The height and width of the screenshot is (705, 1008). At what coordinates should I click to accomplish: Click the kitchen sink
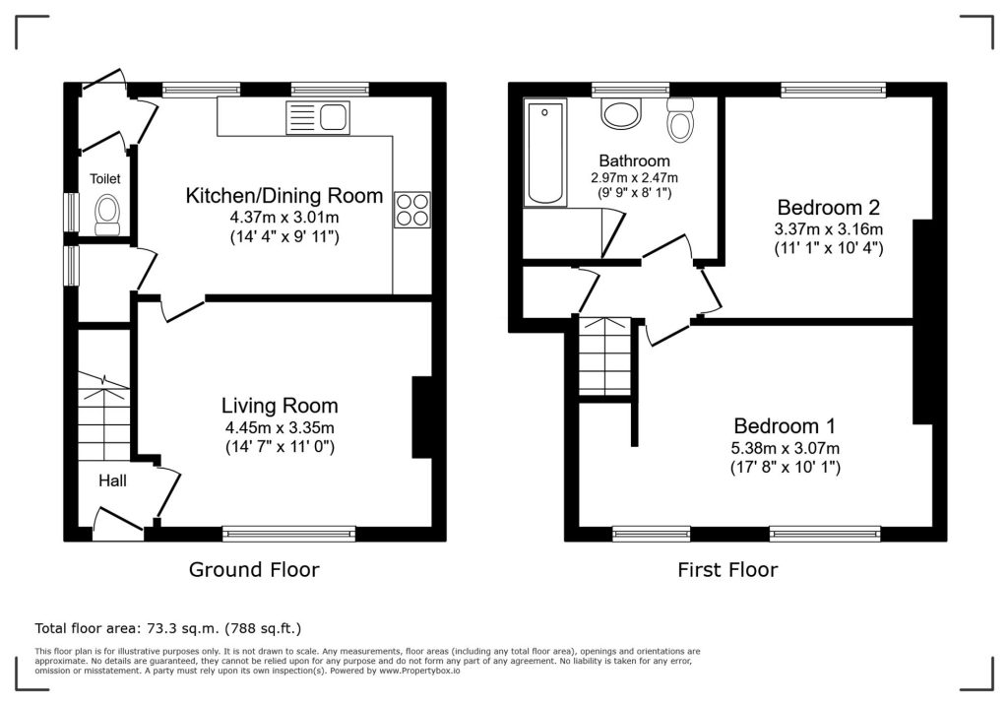(318, 118)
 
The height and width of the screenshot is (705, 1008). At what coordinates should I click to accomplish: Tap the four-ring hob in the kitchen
(412, 210)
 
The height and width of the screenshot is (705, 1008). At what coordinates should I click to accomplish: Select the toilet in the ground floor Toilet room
(107, 215)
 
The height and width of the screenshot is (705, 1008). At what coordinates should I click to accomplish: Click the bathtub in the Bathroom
(545, 153)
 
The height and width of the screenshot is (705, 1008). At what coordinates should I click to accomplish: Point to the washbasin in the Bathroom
(622, 113)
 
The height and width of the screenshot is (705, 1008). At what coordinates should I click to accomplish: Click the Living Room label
(280, 406)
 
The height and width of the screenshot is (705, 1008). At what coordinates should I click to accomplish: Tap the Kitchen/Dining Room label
(284, 196)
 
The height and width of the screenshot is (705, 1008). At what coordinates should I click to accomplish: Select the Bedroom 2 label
(829, 207)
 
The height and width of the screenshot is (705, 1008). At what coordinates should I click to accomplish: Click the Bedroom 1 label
(785, 425)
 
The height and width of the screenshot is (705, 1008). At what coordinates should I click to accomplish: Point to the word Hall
(112, 481)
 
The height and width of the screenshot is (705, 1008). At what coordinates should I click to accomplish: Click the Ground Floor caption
(254, 570)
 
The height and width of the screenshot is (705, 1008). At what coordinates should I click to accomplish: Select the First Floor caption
(727, 570)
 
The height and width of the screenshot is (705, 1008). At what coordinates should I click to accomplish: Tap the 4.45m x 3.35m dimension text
(280, 427)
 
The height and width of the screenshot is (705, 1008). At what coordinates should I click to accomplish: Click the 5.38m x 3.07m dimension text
(785, 448)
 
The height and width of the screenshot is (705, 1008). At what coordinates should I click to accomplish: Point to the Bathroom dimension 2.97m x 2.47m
(635, 177)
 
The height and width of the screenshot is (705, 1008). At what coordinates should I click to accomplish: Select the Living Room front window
(289, 533)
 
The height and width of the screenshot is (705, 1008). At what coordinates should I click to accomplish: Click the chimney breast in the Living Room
(421, 417)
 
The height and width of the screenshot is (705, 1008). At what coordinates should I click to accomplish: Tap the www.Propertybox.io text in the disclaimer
(419, 671)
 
